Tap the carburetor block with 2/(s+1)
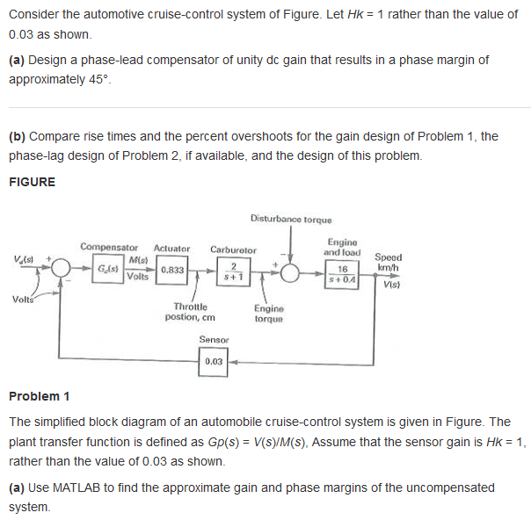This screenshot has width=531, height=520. point(233,271)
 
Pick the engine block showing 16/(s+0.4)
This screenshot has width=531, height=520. point(342,271)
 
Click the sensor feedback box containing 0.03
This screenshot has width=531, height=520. point(214,361)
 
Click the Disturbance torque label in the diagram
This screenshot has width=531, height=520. point(290,218)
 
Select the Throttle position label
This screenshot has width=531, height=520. point(191,311)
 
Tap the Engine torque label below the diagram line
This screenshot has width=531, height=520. point(269,313)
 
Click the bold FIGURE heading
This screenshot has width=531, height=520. point(32,182)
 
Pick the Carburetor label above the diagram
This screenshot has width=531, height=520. point(233,249)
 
